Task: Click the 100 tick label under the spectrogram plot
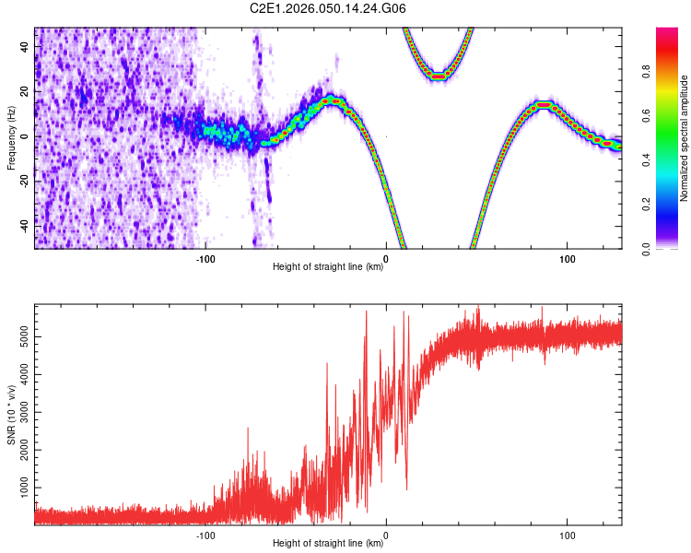[568, 258]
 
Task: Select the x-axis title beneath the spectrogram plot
[328, 267]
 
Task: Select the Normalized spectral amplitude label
[684, 138]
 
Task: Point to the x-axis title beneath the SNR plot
[328, 544]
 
